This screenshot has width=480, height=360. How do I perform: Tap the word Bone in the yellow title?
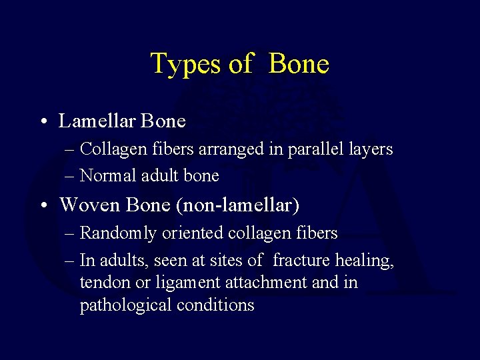click(x=299, y=64)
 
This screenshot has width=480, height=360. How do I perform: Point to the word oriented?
click(x=183, y=234)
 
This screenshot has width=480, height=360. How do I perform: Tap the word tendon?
click(x=101, y=283)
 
